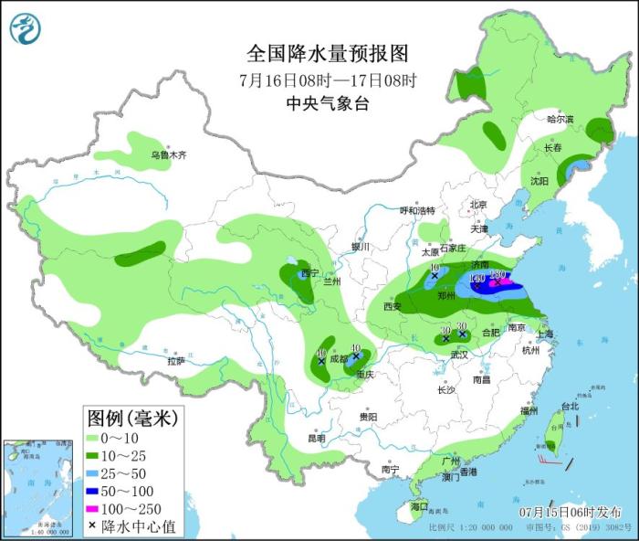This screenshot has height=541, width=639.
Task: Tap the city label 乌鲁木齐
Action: [x=168, y=155]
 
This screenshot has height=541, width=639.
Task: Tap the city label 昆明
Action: [x=316, y=438]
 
